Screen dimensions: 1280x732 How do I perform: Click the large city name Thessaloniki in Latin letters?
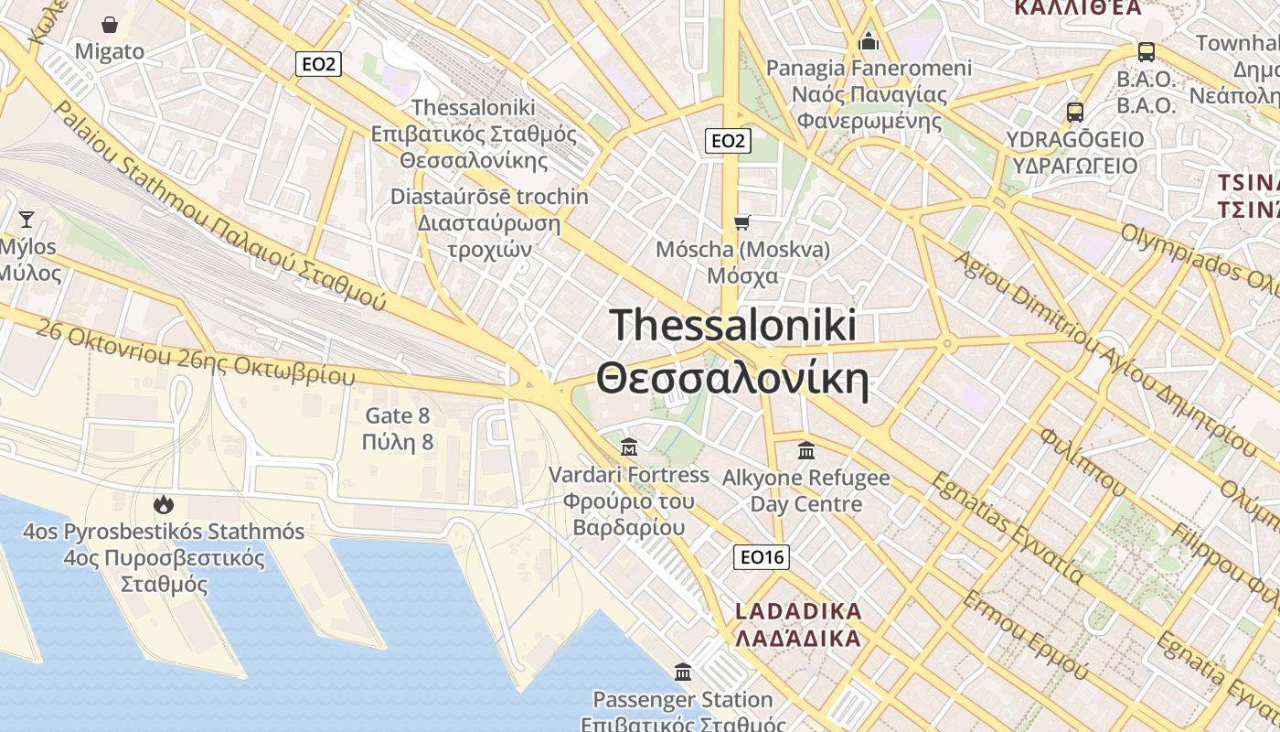tap(733, 325)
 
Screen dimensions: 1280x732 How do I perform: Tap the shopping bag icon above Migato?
tap(110, 25)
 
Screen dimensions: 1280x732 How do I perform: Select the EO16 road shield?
tap(762, 557)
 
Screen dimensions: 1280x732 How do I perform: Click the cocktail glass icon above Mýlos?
tap(27, 219)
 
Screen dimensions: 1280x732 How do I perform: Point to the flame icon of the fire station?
tap(164, 504)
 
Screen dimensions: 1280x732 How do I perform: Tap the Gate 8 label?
tap(398, 416)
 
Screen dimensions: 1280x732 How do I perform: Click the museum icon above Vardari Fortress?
tap(629, 447)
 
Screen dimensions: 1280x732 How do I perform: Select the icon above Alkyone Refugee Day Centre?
tap(806, 450)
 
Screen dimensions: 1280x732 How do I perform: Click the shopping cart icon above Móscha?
tap(742, 222)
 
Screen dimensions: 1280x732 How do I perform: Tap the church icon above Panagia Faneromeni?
tap(869, 41)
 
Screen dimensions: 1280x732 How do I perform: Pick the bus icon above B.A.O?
tap(1147, 52)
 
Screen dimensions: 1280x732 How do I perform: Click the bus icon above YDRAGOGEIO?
tap(1075, 113)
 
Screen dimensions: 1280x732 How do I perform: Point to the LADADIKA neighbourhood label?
tap(799, 610)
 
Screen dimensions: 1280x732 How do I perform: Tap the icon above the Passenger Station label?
tap(683, 673)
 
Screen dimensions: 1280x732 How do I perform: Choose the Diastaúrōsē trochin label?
tap(489, 197)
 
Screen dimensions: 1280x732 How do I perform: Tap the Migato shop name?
tap(110, 51)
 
